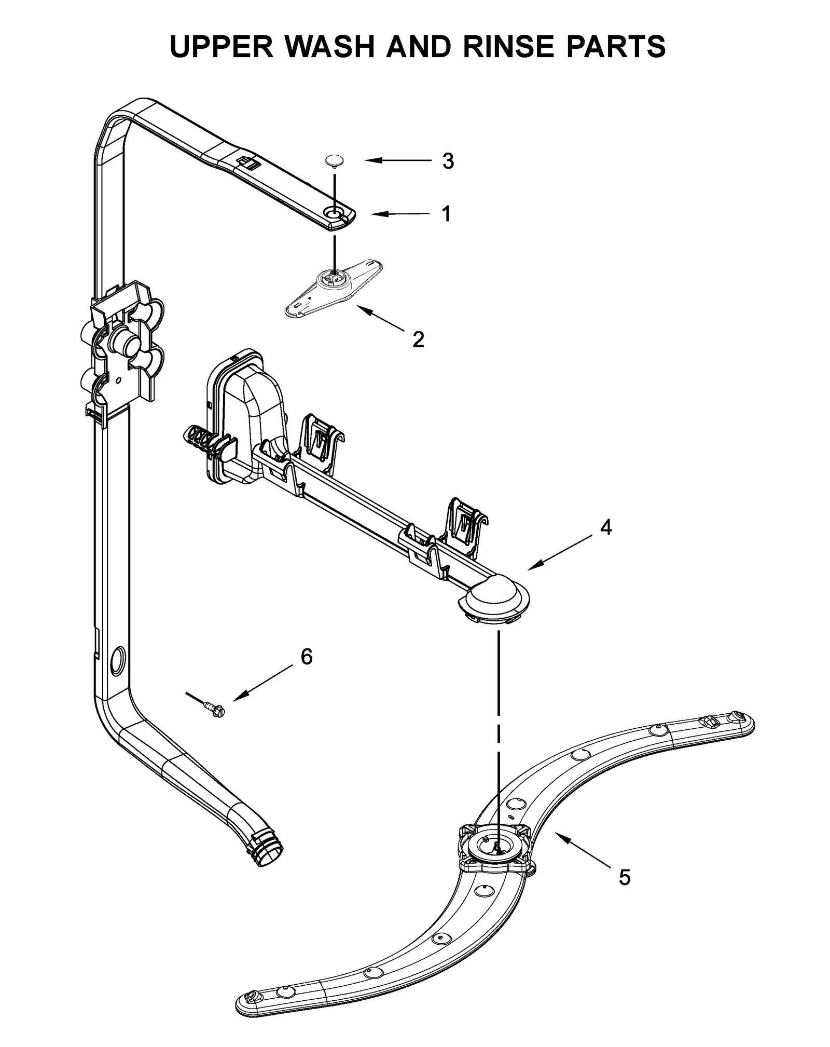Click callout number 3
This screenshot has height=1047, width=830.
[x=448, y=161]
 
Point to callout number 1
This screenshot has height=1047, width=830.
[x=446, y=214]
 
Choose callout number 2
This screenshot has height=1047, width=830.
[x=418, y=339]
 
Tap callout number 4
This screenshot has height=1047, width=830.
[x=605, y=527]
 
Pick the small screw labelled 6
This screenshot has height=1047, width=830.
[x=211, y=706]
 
